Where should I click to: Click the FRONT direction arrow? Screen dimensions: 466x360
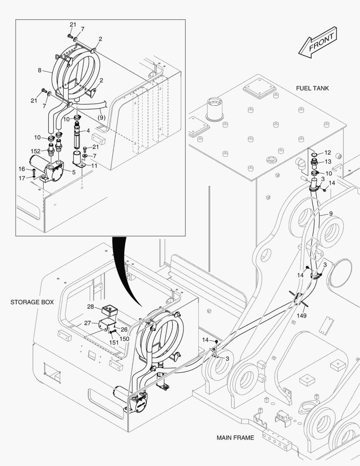[318, 42]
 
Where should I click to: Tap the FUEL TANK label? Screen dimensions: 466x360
[312, 88]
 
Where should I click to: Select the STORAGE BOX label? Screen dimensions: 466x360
[32, 302]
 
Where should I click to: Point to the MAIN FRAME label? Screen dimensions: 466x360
[235, 438]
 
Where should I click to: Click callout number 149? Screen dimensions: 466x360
[302, 316]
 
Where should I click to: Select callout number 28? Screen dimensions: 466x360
[91, 306]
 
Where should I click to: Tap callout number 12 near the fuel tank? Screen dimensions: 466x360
[328, 152]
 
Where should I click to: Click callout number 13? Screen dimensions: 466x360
[328, 161]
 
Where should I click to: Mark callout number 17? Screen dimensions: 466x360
[22, 177]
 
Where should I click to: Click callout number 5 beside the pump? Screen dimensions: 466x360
[74, 172]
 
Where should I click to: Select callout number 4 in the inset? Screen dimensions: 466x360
[88, 130]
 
